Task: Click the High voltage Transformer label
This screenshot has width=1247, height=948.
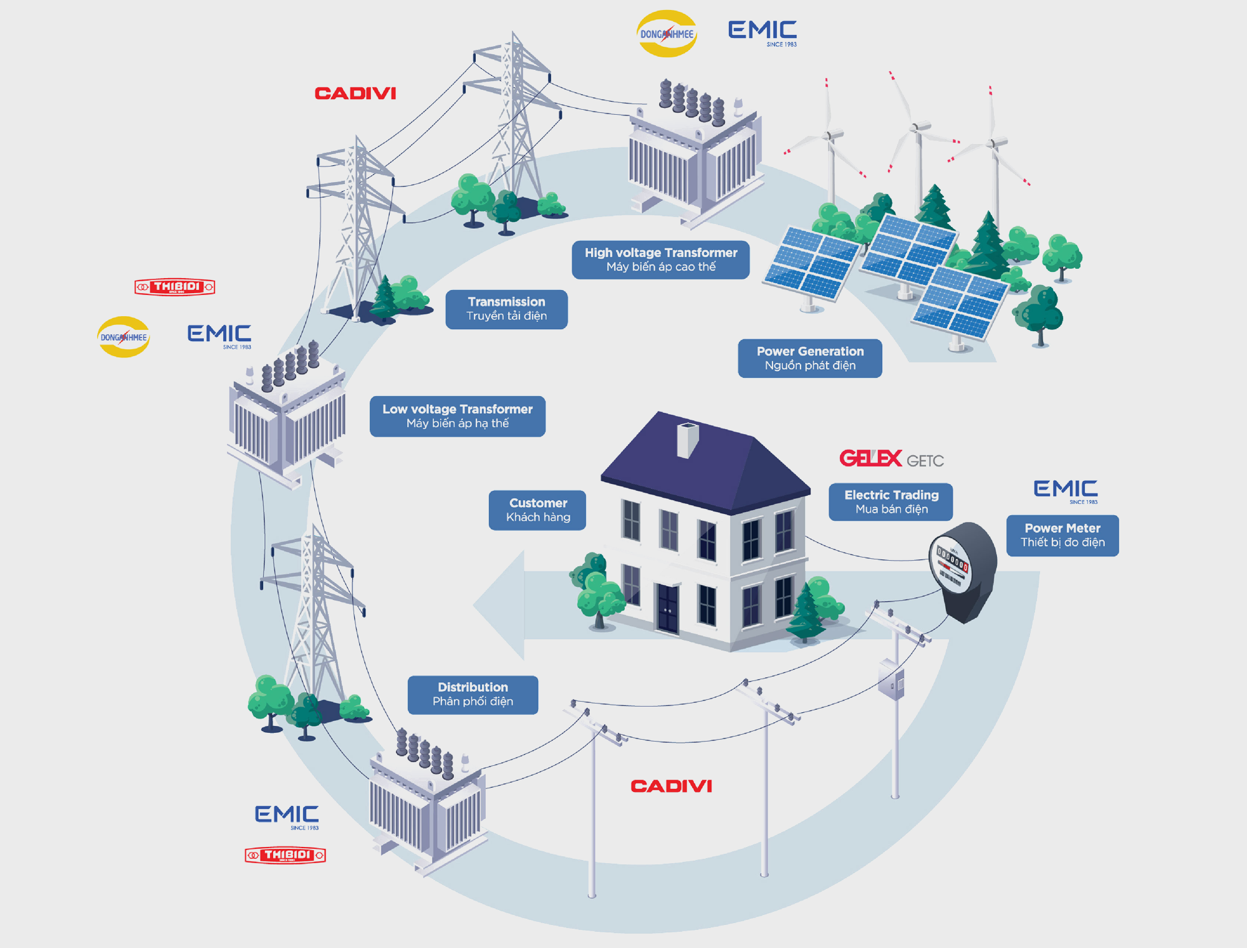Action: click(660, 259)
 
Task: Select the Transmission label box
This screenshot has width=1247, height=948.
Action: click(506, 309)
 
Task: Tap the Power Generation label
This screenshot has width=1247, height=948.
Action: click(810, 358)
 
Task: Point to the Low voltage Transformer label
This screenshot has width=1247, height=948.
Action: click(457, 416)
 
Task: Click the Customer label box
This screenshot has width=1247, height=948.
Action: click(537, 510)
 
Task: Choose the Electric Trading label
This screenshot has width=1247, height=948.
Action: click(891, 501)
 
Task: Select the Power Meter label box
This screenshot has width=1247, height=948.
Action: click(1062, 535)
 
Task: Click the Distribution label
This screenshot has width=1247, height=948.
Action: click(473, 694)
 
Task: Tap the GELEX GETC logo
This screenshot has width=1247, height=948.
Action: click(891, 459)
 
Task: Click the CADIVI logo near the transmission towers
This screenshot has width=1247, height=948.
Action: click(355, 94)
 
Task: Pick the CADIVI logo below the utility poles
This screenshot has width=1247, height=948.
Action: click(671, 786)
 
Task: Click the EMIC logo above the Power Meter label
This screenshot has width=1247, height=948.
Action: click(1066, 490)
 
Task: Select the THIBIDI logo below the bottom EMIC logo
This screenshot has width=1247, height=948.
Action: click(286, 855)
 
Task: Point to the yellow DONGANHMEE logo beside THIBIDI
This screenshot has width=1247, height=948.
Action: click(123, 337)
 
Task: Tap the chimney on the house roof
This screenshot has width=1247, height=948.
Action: click(687, 439)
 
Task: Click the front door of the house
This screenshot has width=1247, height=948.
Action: click(668, 607)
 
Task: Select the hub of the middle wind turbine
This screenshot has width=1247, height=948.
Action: click(915, 128)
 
